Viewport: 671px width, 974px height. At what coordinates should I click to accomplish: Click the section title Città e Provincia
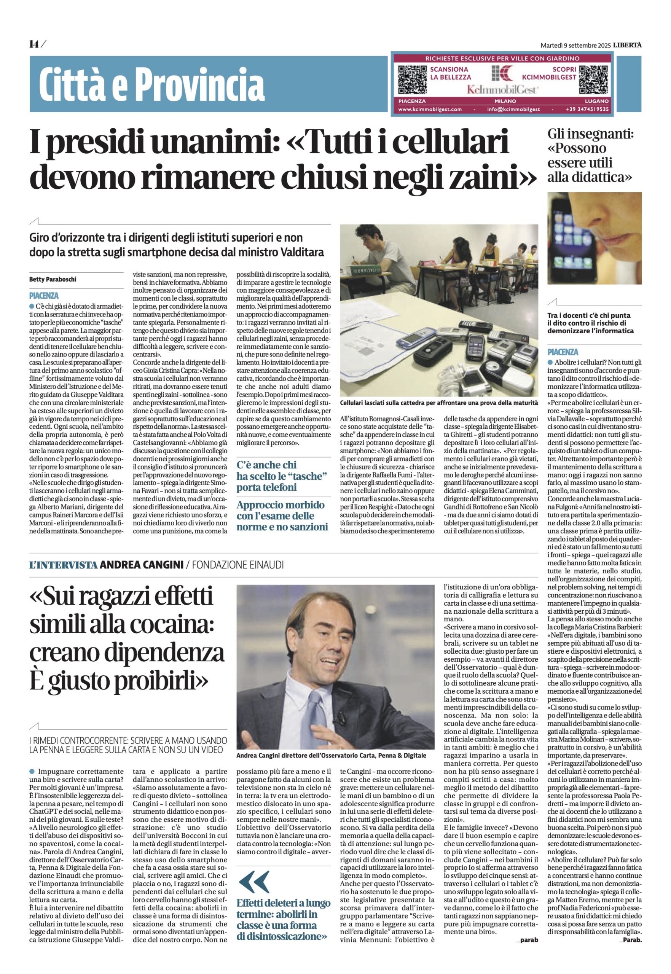tap(151, 84)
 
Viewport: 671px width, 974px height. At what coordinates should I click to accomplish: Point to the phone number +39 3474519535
tap(587, 109)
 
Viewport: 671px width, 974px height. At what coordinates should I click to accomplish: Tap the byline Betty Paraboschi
tap(53, 279)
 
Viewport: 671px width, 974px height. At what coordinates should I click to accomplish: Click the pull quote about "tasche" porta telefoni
tap(282, 476)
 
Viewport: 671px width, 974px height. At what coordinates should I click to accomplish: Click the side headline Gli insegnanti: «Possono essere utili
tap(590, 156)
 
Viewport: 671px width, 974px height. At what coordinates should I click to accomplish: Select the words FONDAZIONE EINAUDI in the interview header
tap(237, 565)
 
